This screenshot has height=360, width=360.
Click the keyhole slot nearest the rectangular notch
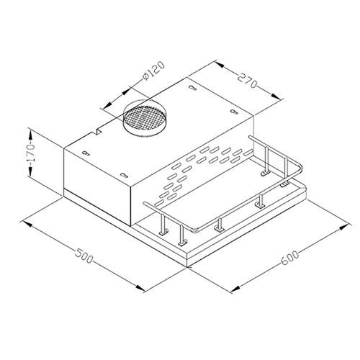pyautogui.click(x=84, y=153)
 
